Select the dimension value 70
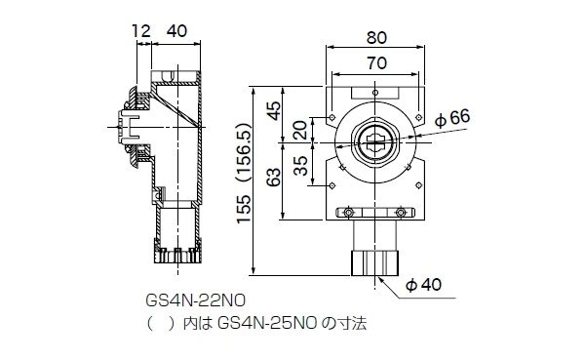coord(375,63)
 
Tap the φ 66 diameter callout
coord(452,117)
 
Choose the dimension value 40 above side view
coord(176,32)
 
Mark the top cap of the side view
coord(176,74)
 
